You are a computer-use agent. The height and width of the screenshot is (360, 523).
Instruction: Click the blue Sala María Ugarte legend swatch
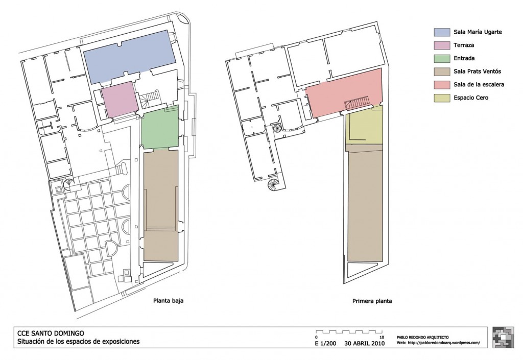(x=441, y=32)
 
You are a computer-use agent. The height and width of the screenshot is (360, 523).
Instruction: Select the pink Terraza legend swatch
(x=441, y=45)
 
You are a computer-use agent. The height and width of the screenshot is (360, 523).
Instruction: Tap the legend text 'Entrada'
(x=464, y=58)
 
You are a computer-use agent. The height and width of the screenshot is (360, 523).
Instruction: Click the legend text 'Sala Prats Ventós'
(x=478, y=71)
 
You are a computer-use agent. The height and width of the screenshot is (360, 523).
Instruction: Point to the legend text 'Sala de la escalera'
(x=479, y=84)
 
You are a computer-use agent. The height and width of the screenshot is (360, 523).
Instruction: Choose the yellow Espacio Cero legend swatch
(x=441, y=98)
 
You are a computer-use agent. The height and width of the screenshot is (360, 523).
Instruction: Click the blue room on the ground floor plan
(x=130, y=57)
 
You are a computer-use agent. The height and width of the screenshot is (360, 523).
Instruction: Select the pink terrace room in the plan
(x=120, y=100)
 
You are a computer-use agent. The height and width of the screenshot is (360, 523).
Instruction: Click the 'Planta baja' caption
(x=168, y=300)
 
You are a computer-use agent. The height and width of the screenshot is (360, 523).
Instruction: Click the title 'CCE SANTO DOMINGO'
(x=51, y=333)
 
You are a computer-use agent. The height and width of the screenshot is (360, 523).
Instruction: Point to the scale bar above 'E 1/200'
(x=349, y=332)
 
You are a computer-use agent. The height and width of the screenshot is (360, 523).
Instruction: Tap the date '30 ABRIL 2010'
(x=365, y=343)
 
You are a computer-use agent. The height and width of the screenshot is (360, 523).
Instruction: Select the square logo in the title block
(x=503, y=338)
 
